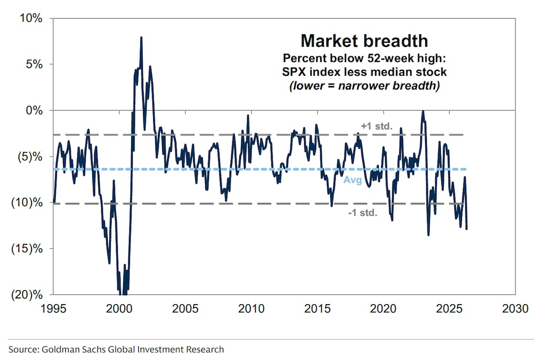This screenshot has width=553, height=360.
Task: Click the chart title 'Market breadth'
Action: [x=364, y=40]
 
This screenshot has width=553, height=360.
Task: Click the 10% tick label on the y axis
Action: [x=31, y=18]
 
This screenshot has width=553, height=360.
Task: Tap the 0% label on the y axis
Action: [x=34, y=110]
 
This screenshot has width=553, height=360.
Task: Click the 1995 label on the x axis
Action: [x=53, y=309]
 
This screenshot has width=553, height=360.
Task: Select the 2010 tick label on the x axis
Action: [x=252, y=309]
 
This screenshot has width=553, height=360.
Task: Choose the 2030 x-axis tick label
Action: [x=517, y=309]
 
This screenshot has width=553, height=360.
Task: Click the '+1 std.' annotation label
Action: [x=377, y=126]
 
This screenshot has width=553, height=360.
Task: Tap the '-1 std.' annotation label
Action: [x=363, y=213]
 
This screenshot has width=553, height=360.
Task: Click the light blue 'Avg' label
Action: [x=352, y=180]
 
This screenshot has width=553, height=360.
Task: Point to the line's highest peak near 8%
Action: [x=141, y=38]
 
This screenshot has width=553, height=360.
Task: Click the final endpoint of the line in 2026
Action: [x=467, y=228]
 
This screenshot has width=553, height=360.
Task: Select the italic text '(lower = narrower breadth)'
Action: [x=364, y=86]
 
